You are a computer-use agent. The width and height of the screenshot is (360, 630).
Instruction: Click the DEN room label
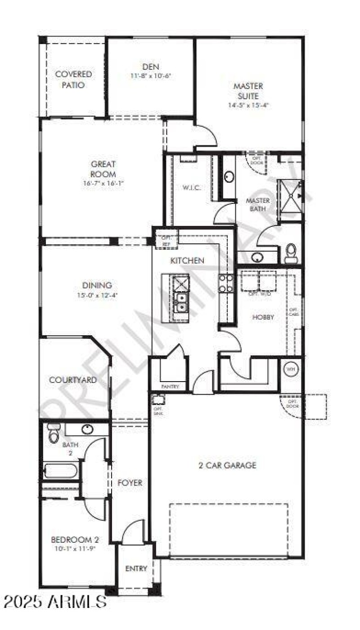pyautogui.click(x=151, y=67)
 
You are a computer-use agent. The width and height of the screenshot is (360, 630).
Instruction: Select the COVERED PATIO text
pyautogui.click(x=73, y=79)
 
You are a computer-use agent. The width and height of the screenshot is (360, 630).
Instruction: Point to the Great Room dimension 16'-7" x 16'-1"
pyautogui.click(x=103, y=183)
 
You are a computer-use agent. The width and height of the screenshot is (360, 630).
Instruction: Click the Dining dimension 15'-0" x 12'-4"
pyautogui.click(x=96, y=295)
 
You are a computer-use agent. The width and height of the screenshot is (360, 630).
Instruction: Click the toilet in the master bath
pyautogui.click(x=291, y=253)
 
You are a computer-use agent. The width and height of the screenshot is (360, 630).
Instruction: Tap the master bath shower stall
pyautogui.click(x=290, y=200)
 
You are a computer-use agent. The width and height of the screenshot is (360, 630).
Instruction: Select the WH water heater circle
pyautogui.click(x=291, y=369)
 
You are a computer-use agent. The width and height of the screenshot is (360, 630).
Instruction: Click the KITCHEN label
pyautogui.click(x=187, y=261)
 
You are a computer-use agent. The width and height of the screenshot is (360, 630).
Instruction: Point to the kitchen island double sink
pyautogui.click(x=181, y=302)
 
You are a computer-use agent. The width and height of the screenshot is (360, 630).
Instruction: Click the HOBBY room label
pyautogui.click(x=263, y=317)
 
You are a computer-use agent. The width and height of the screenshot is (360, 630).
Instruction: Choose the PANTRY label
pyautogui.click(x=170, y=387)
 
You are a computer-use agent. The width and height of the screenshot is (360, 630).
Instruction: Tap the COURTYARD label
pyautogui.click(x=72, y=380)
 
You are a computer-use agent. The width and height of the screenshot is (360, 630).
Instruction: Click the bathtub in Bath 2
pyautogui.click(x=60, y=471)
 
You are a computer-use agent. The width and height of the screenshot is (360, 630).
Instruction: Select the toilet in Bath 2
pyautogui.click(x=53, y=433)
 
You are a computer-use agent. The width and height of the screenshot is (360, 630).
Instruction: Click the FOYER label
pyautogui.click(x=130, y=483)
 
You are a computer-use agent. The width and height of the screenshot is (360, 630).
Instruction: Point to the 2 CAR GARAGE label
pyautogui.click(x=227, y=465)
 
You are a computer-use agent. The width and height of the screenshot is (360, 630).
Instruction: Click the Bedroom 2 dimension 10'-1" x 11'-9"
pyautogui.click(x=75, y=549)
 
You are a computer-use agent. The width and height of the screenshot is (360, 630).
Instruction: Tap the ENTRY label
pyautogui.click(x=136, y=569)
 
